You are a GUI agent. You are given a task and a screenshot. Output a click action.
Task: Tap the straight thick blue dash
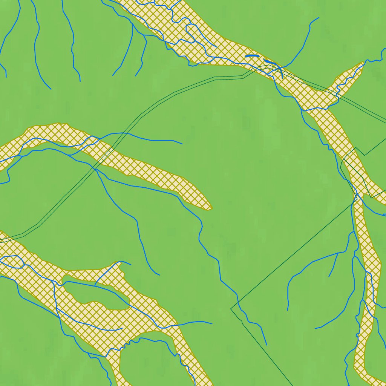pos(252,56)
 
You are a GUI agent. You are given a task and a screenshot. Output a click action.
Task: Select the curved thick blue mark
pos(270,61)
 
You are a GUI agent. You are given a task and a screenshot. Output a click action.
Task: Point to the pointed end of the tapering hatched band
pos(210,208)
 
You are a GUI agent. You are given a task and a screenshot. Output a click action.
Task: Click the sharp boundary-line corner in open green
pos(231,309)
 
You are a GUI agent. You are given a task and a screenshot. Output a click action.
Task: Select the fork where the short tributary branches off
pos(337,253)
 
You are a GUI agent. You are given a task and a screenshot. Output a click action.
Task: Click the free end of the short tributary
pos(329,276)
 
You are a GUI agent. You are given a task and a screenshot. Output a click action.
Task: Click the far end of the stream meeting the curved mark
pos(319,18)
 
